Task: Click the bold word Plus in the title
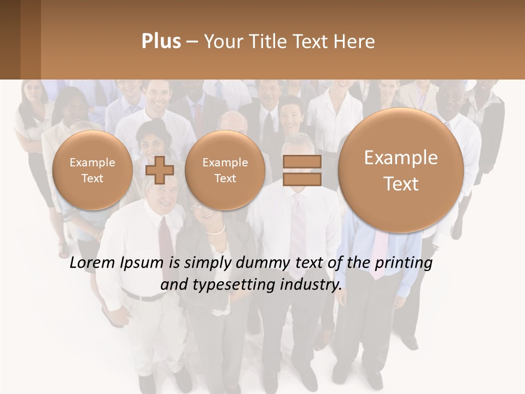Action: tap(161, 42)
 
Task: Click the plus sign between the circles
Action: tap(160, 170)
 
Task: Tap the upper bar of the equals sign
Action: tap(302, 162)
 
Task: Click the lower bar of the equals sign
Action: tap(302, 179)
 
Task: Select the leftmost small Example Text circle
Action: tap(92, 170)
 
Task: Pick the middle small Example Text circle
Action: tap(225, 170)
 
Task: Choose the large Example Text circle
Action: tap(401, 170)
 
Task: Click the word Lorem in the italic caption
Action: tap(92, 263)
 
